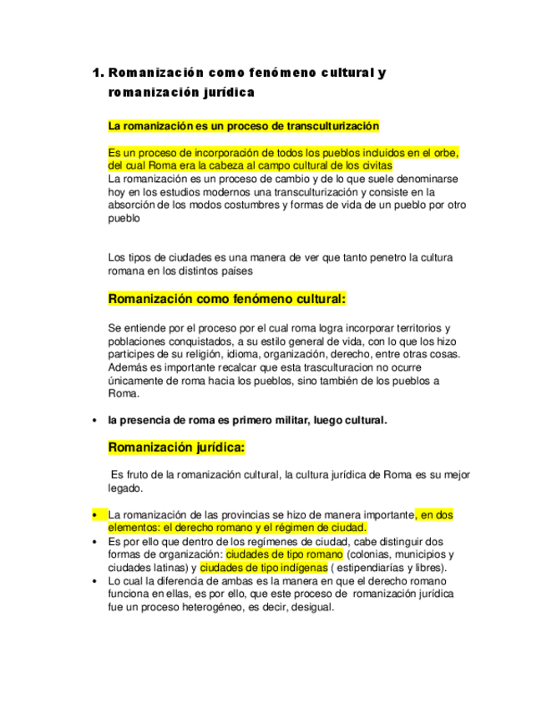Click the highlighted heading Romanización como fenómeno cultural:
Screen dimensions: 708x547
227,298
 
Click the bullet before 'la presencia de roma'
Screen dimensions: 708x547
94,420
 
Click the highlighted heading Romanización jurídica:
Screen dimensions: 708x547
177,448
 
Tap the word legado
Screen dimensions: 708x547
125,488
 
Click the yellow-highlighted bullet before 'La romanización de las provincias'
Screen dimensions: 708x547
94,515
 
